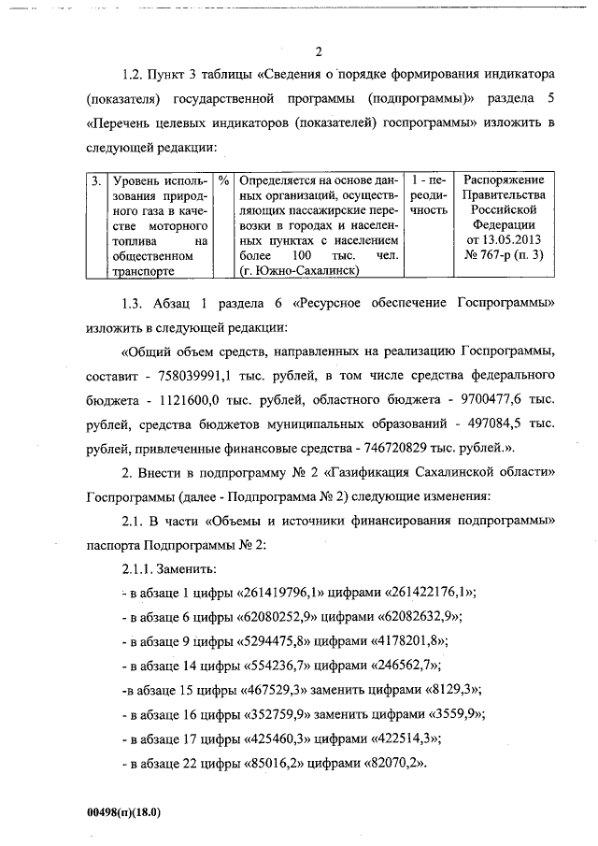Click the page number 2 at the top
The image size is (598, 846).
pos(320,51)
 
